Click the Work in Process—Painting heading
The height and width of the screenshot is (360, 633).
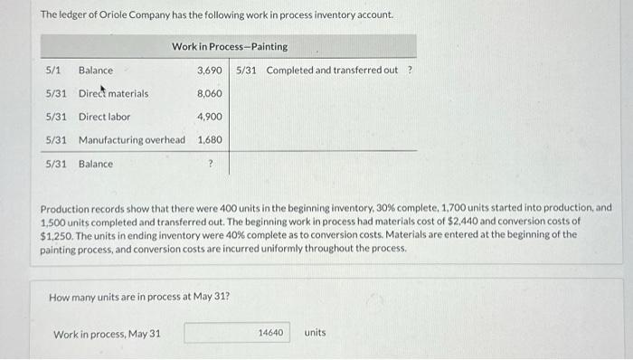click(x=230, y=46)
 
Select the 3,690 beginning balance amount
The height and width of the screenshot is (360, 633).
click(x=210, y=71)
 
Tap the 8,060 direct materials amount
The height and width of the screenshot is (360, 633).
click(x=210, y=93)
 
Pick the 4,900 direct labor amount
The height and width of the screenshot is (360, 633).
click(x=210, y=117)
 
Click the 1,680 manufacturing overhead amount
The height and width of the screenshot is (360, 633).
click(x=210, y=140)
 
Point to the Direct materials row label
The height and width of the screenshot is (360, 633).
click(x=113, y=93)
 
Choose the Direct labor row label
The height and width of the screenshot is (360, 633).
click(x=104, y=117)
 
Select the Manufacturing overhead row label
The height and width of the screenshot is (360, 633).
click(x=131, y=140)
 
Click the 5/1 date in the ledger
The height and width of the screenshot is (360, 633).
click(x=53, y=71)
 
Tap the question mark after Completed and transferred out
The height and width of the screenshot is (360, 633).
click(x=411, y=71)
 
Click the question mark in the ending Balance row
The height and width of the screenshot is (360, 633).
click(x=210, y=164)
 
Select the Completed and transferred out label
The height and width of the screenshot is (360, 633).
click(x=332, y=71)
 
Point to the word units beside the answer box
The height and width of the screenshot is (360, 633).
click(x=315, y=333)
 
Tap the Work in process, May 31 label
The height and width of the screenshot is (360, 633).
click(x=107, y=334)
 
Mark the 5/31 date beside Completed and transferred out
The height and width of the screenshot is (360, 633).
click(x=248, y=71)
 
